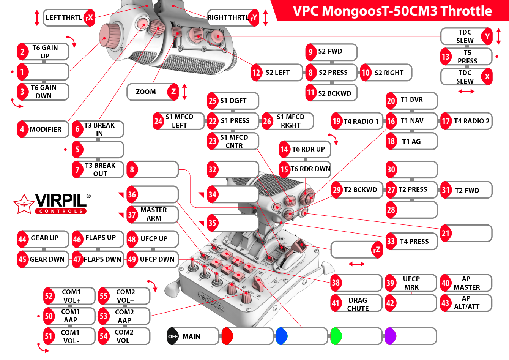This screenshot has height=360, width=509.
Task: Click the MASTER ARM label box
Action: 154,214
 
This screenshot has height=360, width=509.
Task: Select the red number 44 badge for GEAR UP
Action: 22,239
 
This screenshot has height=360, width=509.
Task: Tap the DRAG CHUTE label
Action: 358,304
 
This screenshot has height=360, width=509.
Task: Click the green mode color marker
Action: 336,336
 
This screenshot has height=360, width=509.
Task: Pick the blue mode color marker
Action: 281,336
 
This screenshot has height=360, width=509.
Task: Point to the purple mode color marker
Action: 390,336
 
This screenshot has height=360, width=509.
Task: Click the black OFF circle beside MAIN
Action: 173,336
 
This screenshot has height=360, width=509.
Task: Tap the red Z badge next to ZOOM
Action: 173,92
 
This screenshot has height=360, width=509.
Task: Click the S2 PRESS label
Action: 333,73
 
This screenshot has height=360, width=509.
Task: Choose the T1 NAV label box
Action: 412,121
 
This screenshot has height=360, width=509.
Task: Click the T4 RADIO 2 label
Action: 471,121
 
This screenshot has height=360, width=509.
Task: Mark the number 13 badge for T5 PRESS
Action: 446,57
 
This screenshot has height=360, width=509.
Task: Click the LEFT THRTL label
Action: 64,18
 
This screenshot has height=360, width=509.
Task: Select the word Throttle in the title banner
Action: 466,11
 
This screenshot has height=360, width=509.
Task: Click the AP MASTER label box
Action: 466,283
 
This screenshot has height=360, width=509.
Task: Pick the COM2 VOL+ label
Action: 125,296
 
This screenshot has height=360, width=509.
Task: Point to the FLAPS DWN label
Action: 102,259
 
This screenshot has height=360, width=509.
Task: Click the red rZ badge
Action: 377,249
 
